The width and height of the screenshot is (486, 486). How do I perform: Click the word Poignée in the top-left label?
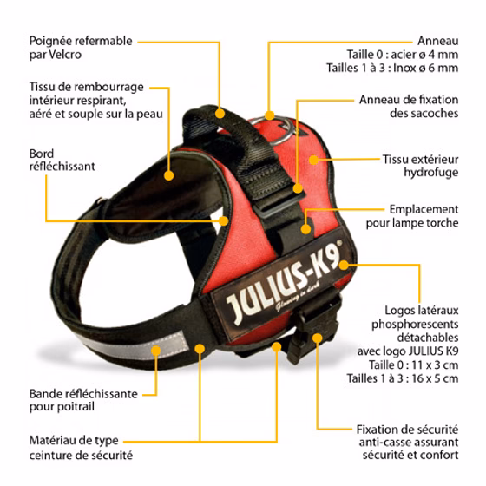(x=50, y=42)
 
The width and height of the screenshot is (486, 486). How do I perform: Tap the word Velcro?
(x=65, y=55)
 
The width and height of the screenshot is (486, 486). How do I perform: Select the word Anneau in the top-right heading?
(x=437, y=41)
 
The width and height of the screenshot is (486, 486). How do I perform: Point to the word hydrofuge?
(x=430, y=173)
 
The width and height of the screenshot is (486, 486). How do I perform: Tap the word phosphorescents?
(x=415, y=325)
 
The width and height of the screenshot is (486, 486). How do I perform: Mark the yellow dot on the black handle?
(x=220, y=114)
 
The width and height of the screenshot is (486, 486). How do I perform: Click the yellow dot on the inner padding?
(x=168, y=175)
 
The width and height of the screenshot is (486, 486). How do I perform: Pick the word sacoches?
(x=424, y=113)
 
